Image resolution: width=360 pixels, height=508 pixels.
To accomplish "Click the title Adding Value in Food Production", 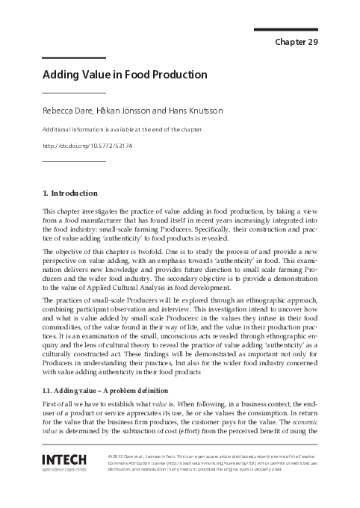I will coord(125,75).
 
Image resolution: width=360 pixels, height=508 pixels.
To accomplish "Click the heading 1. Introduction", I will coord(70,192).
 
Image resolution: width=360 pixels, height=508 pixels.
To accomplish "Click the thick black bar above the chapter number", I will coord(286,29).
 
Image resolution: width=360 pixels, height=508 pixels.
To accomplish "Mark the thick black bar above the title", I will coord(74,57).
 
